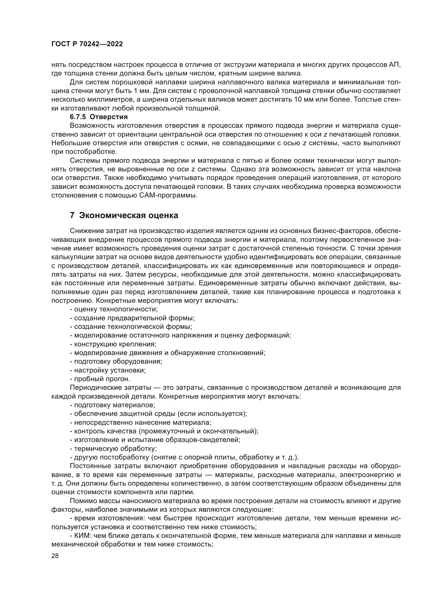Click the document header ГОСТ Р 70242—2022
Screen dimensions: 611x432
[87, 44]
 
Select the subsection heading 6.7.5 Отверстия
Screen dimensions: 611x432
[99, 117]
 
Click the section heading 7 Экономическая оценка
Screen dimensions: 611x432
[124, 215]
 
